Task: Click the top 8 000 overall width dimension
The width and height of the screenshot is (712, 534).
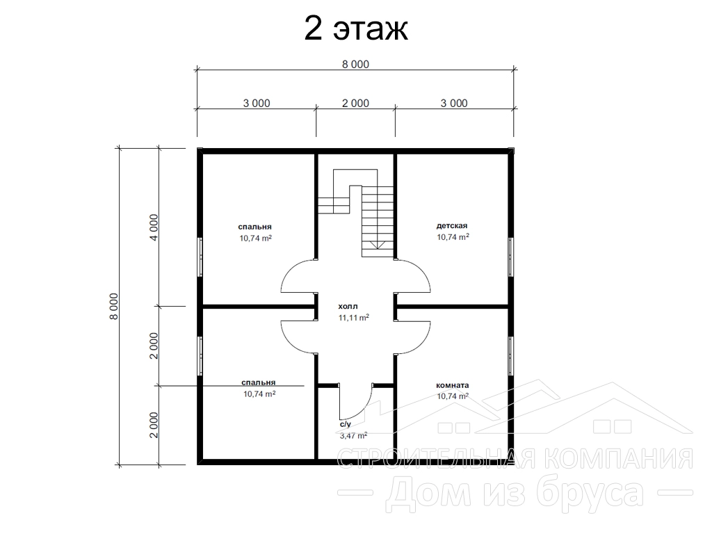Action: (355, 65)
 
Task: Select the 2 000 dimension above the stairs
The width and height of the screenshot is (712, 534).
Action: (355, 104)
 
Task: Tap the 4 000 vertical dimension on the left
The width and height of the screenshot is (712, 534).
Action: (154, 227)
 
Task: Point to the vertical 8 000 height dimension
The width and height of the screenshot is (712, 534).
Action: (113, 306)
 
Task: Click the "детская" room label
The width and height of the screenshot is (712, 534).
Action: (452, 226)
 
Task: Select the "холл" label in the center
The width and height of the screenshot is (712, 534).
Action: (348, 307)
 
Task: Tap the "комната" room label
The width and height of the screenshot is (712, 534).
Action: (452, 385)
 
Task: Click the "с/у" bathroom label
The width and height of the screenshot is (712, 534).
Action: (346, 425)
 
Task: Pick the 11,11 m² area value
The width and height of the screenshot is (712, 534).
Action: (354, 318)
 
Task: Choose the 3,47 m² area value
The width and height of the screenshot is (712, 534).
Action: (354, 436)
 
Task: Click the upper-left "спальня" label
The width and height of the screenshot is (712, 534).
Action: (254, 227)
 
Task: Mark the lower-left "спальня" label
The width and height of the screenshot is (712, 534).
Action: (259, 383)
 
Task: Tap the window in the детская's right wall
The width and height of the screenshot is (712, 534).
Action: (511, 257)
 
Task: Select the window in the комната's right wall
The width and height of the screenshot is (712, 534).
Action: (511, 356)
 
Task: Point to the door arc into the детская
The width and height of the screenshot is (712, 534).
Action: (422, 270)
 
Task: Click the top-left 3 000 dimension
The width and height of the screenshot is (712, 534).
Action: (257, 104)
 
